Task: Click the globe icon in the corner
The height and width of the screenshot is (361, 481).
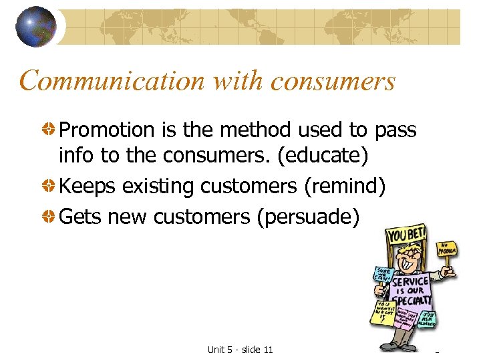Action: [x=35, y=26]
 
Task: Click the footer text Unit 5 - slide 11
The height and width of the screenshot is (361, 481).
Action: [x=240, y=350]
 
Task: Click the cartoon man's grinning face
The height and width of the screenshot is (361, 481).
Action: [x=406, y=261]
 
